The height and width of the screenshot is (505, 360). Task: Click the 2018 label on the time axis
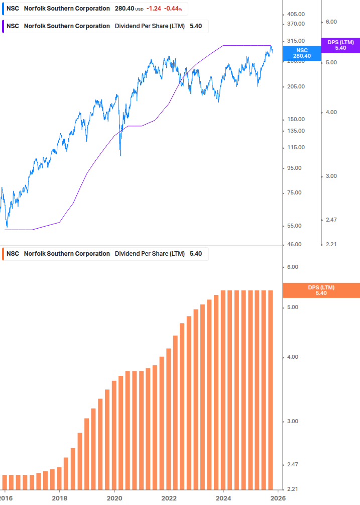click(x=59, y=497)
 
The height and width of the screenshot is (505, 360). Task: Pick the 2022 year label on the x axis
click(x=169, y=497)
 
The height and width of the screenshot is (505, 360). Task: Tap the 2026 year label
click(x=278, y=497)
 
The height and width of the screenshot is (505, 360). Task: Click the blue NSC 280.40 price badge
click(x=302, y=53)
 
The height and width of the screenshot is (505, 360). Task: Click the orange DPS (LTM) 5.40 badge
click(x=321, y=290)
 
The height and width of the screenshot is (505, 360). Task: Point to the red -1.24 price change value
click(x=154, y=9)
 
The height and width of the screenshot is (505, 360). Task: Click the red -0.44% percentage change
click(x=173, y=9)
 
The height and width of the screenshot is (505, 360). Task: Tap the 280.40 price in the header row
click(x=124, y=9)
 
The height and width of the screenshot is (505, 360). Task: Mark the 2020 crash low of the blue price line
click(x=120, y=155)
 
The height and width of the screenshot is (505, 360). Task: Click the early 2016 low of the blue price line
click(x=7, y=226)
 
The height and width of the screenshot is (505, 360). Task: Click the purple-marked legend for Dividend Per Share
click(x=104, y=26)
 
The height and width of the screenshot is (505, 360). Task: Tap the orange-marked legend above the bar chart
click(x=104, y=254)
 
